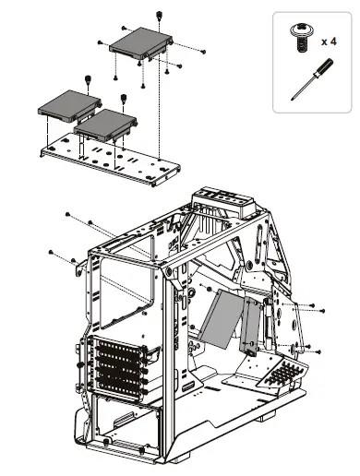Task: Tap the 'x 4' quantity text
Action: (330, 42)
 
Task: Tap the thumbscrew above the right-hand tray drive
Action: (124, 98)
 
